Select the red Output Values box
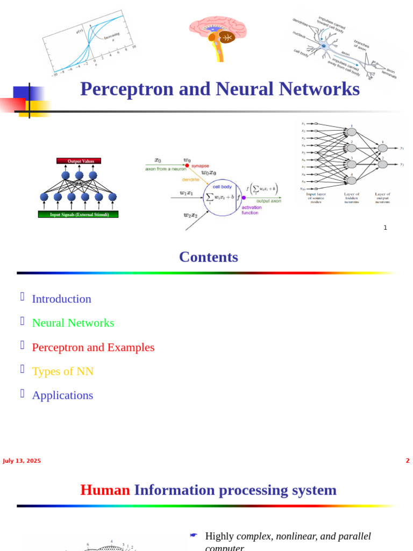[x=79, y=161]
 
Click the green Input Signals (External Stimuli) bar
[x=79, y=214]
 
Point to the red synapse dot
[x=187, y=166]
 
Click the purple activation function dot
[x=244, y=198]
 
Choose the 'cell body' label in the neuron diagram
[x=222, y=187]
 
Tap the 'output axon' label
[x=268, y=201]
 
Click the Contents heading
[x=208, y=257]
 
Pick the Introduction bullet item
[x=61, y=299]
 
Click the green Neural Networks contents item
[x=73, y=323]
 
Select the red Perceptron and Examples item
[x=93, y=347]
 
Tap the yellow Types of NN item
[x=62, y=371]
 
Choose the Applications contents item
[x=62, y=395]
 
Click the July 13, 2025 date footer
[x=22, y=461]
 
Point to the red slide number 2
[x=407, y=461]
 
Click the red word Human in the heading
[x=105, y=490]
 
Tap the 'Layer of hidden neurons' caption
[x=352, y=197]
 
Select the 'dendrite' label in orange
[x=190, y=180]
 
